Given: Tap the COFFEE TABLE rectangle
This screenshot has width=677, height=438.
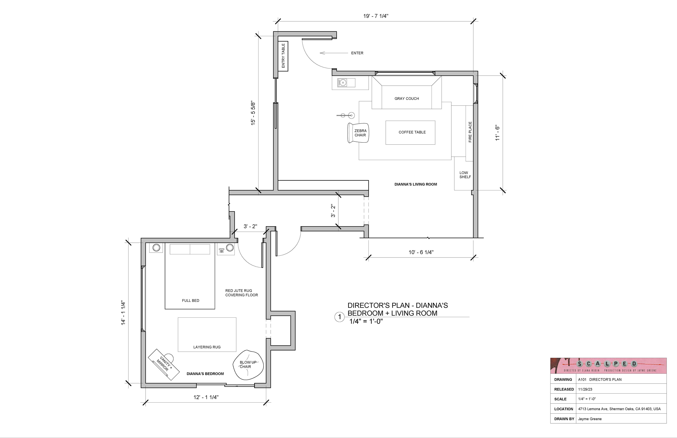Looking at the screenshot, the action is click(410, 133).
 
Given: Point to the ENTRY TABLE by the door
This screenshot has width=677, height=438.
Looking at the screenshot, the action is click(283, 56).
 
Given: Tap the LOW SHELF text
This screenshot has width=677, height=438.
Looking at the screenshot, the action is click(465, 175).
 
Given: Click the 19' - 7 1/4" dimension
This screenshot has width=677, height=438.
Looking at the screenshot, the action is click(376, 16).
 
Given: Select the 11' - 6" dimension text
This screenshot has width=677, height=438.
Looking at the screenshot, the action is click(497, 133).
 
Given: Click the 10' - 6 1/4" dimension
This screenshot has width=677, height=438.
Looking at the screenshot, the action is click(421, 252).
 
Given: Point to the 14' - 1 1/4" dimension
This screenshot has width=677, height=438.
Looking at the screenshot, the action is click(123, 313).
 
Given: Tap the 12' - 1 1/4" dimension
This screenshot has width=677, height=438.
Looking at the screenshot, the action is click(206, 397).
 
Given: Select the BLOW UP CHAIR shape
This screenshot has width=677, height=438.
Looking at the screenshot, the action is click(248, 365).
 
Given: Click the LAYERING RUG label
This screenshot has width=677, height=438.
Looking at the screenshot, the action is click(207, 347).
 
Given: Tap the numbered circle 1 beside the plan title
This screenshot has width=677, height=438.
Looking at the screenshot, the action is click(339, 317).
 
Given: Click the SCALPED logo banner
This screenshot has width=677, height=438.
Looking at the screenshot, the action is click(608, 366).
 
